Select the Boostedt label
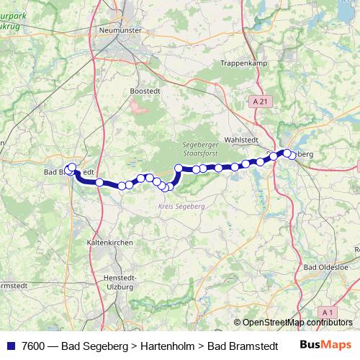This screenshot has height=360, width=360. [143, 91]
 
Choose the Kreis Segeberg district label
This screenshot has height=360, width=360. [181, 207]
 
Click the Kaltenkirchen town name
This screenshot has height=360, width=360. [109, 243]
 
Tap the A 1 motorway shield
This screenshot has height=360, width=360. [328, 311]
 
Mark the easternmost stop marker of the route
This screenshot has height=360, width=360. [290, 155]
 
